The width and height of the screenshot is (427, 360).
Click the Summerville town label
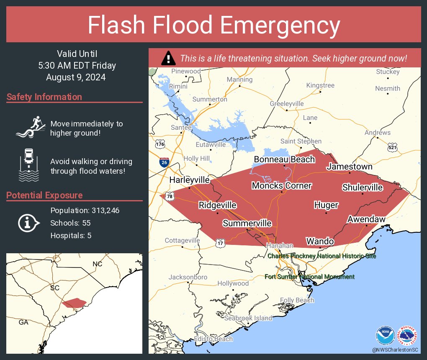point(247,224)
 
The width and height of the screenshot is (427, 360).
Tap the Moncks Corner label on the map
point(281,185)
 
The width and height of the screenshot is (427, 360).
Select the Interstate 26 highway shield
point(165,162)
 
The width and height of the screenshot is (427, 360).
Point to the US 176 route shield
point(160,144)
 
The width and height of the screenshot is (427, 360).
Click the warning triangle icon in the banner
point(168,58)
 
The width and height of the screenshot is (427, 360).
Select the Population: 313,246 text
point(85,210)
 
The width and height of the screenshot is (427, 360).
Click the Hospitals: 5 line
point(71,235)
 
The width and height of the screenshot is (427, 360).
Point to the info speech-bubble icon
point(28,223)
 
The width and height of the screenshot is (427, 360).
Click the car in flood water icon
point(28,164)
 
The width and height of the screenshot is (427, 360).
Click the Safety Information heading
point(44,97)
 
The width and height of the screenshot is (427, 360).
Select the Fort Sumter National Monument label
point(309,277)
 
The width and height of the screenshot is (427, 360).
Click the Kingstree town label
point(320,85)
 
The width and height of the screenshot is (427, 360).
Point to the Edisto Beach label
point(213,339)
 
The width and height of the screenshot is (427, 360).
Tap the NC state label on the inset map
point(97,264)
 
